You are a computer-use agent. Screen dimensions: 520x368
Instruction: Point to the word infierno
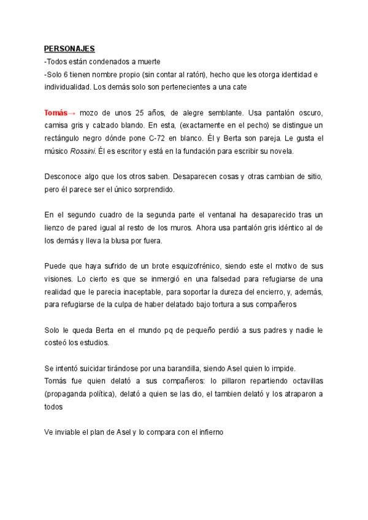(208, 432)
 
